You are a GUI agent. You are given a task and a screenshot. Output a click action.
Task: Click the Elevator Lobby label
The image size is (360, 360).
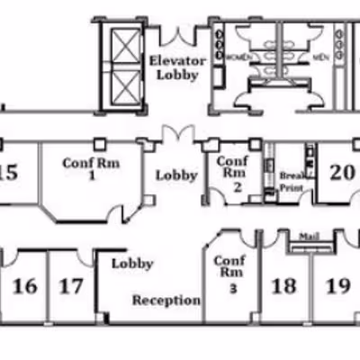coord(177,68)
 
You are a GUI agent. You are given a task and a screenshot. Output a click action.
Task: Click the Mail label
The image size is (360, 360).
coord(310,236)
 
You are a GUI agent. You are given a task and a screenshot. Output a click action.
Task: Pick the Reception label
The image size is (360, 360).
coord(166,300)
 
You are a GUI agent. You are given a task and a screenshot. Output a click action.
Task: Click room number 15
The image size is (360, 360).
coord(9,172)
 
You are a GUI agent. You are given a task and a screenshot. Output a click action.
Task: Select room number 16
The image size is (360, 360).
coord(25,286)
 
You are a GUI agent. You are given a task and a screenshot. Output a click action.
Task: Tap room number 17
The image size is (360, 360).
coord(71,286)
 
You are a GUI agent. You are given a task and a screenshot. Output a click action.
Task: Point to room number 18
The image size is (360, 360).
coord(283,286)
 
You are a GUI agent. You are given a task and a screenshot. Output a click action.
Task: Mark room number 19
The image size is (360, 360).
coord(337,286)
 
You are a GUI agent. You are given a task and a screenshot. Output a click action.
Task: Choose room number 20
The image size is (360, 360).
coord(341,173)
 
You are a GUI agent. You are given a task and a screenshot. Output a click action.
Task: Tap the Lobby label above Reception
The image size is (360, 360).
coord(131,265)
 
